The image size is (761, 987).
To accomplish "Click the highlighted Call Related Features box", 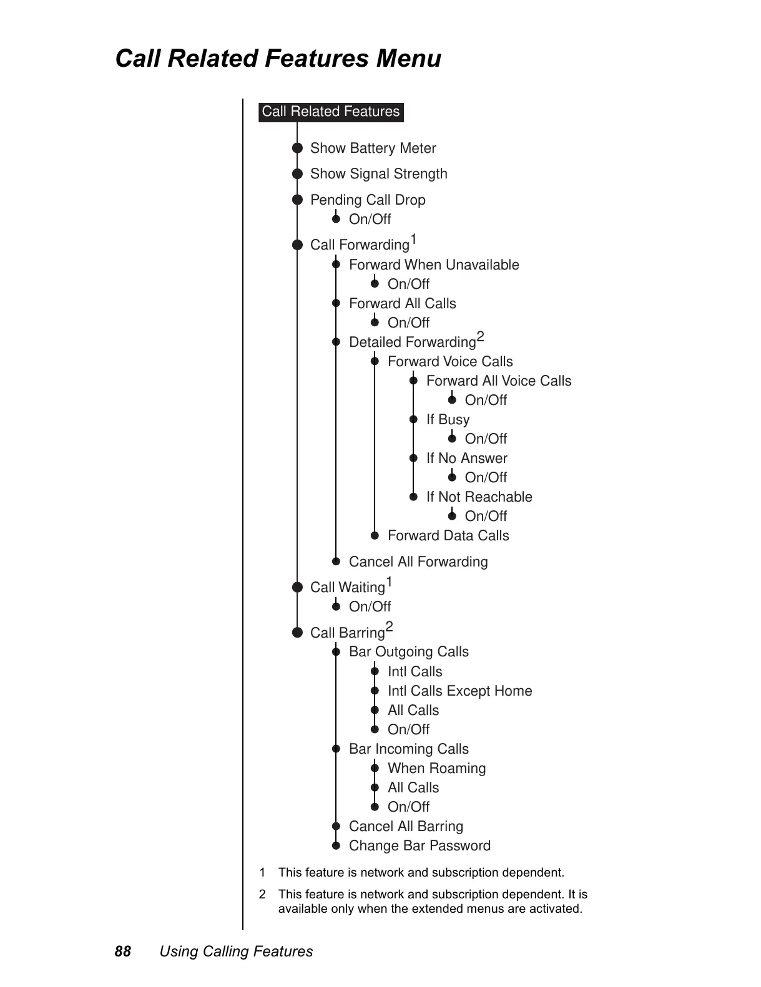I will [331, 112].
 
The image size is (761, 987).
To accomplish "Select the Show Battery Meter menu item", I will [373, 148].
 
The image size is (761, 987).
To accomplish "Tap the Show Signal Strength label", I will [378, 174].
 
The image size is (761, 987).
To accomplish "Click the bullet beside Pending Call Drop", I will [298, 200].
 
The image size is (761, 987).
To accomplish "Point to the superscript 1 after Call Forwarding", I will [413, 240].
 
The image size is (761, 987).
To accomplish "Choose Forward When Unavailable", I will [434, 265].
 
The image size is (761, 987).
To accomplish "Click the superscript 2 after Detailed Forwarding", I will [480, 338].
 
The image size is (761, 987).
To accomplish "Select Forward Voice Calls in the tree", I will [450, 362].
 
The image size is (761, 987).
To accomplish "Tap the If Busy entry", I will [448, 420].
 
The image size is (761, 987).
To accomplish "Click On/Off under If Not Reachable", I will [486, 517].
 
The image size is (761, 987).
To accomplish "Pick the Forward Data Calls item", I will [448, 536].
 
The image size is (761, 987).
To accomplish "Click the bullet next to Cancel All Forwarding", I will [336, 562].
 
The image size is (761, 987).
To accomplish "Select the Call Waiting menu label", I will [348, 588].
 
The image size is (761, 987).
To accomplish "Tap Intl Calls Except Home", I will [459, 691].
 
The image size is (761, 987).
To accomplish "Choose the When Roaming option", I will [436, 769].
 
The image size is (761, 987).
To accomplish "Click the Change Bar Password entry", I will [420, 846].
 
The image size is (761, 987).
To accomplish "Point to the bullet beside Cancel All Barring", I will [336, 827].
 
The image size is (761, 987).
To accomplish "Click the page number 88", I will [123, 951].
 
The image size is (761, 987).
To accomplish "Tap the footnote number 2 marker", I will [262, 895].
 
